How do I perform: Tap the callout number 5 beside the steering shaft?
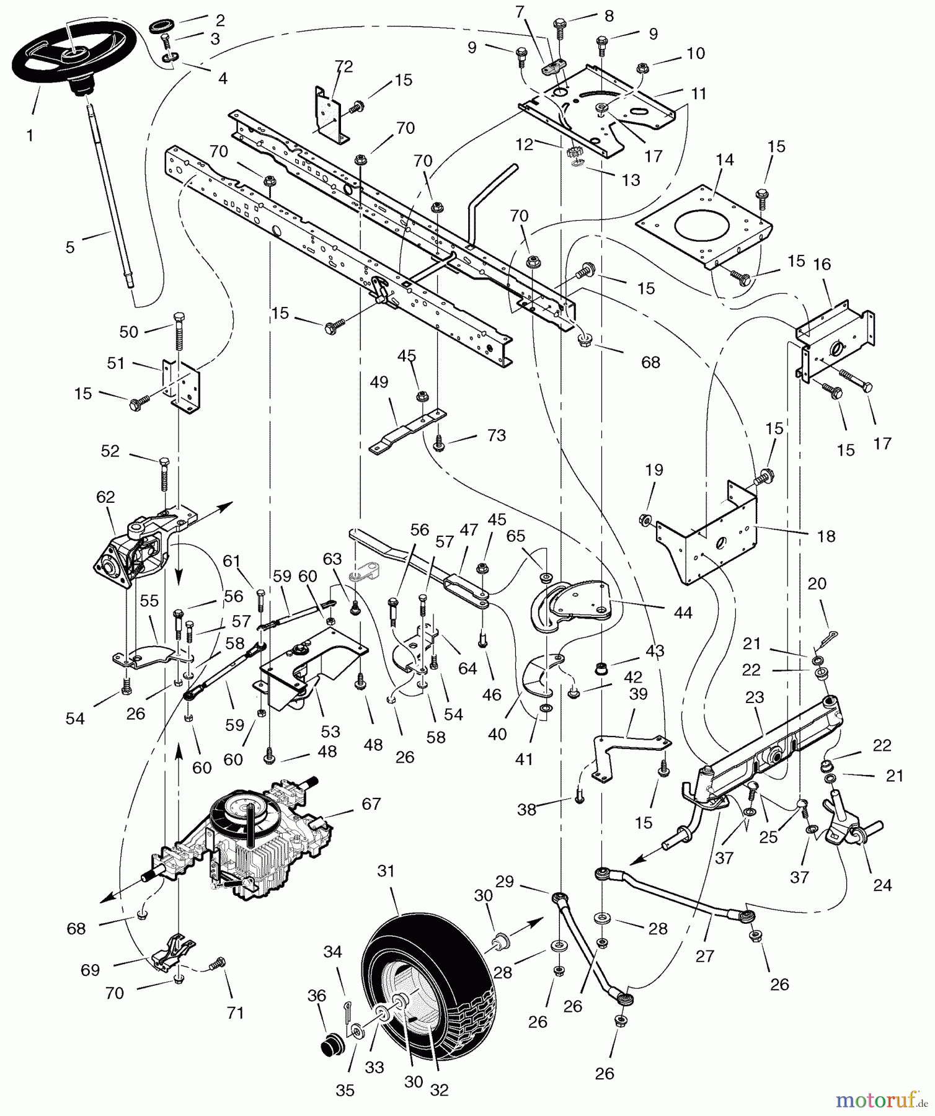[70, 247]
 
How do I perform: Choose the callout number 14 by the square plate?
[724, 160]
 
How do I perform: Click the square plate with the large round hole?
[704, 226]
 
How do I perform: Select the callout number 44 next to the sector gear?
[683, 613]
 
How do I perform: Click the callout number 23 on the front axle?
[755, 697]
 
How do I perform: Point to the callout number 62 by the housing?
[105, 497]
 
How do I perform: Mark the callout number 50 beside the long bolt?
[128, 332]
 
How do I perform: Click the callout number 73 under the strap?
[496, 435]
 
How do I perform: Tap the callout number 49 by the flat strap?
[378, 382]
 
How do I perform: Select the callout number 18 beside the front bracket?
[826, 536]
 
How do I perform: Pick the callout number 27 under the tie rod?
[705, 956]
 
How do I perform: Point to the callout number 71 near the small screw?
[235, 1012]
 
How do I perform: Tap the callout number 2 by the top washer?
[219, 20]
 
